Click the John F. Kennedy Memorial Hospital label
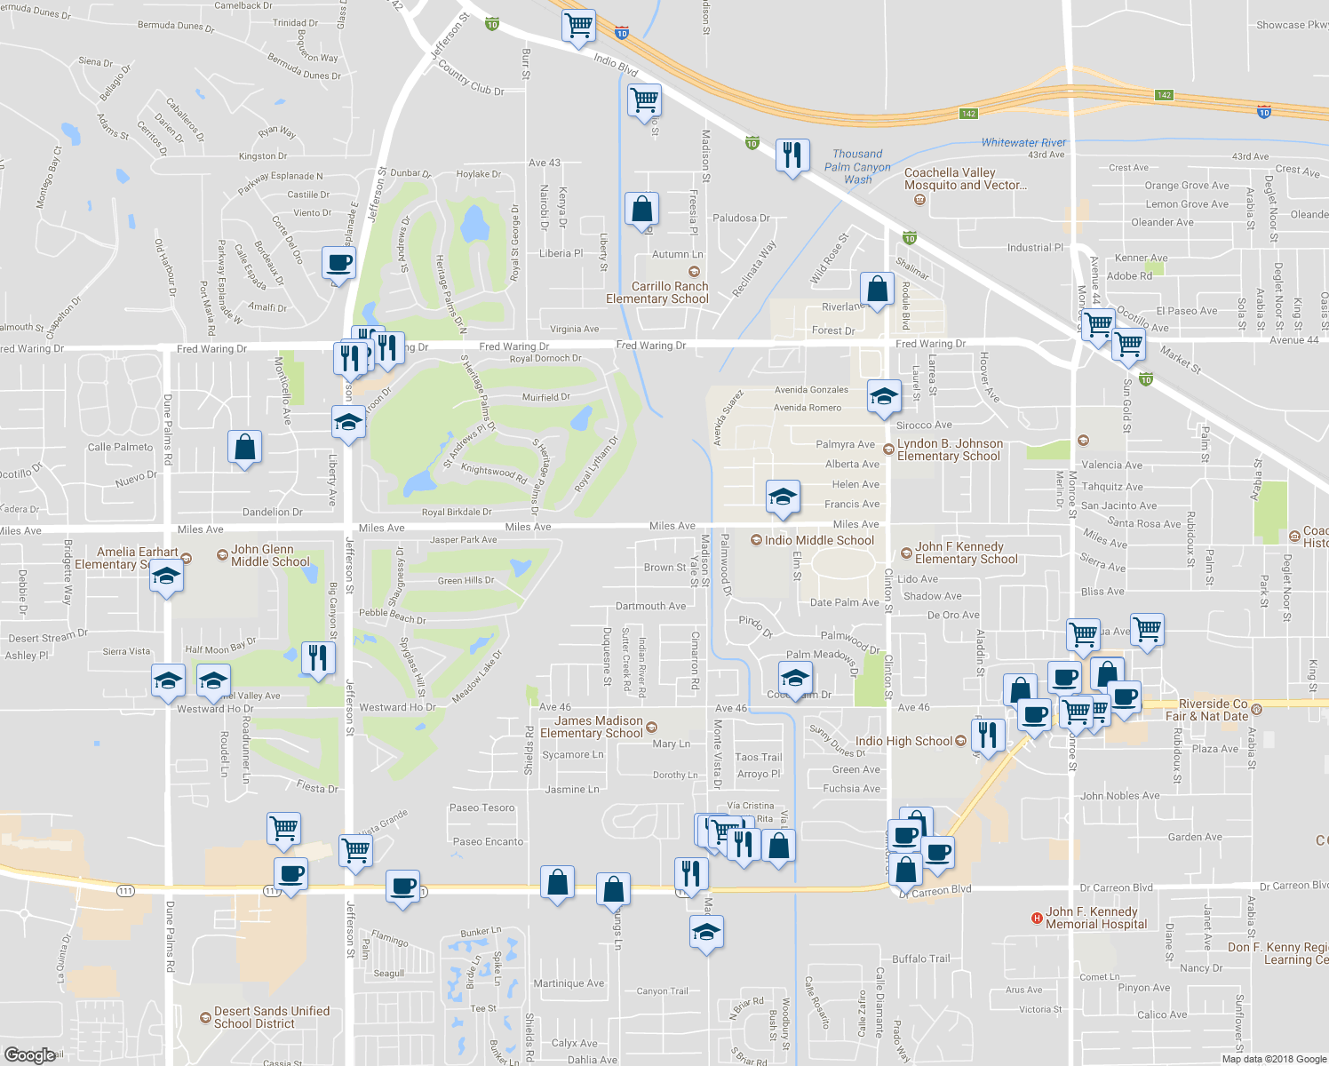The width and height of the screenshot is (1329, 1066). (1095, 918)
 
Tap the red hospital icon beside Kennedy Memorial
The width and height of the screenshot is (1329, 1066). (1036, 918)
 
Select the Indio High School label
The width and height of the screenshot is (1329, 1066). (903, 741)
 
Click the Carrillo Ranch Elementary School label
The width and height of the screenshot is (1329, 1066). (657, 292)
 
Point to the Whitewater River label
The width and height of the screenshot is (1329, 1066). (1023, 142)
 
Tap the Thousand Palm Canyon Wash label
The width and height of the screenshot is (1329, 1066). (857, 166)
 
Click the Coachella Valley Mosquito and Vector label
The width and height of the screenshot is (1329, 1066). (965, 179)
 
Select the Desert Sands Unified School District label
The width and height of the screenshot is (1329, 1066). (271, 1017)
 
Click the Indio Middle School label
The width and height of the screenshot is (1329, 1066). (819, 540)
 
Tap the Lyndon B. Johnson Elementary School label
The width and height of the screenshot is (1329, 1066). (949, 449)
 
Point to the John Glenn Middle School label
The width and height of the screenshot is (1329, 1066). (270, 555)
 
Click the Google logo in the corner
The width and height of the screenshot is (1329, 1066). (29, 1054)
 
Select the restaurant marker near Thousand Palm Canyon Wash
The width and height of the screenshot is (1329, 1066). (792, 155)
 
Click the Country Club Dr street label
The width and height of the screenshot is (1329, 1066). (471, 78)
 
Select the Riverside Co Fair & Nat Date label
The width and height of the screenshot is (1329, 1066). (1213, 710)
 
